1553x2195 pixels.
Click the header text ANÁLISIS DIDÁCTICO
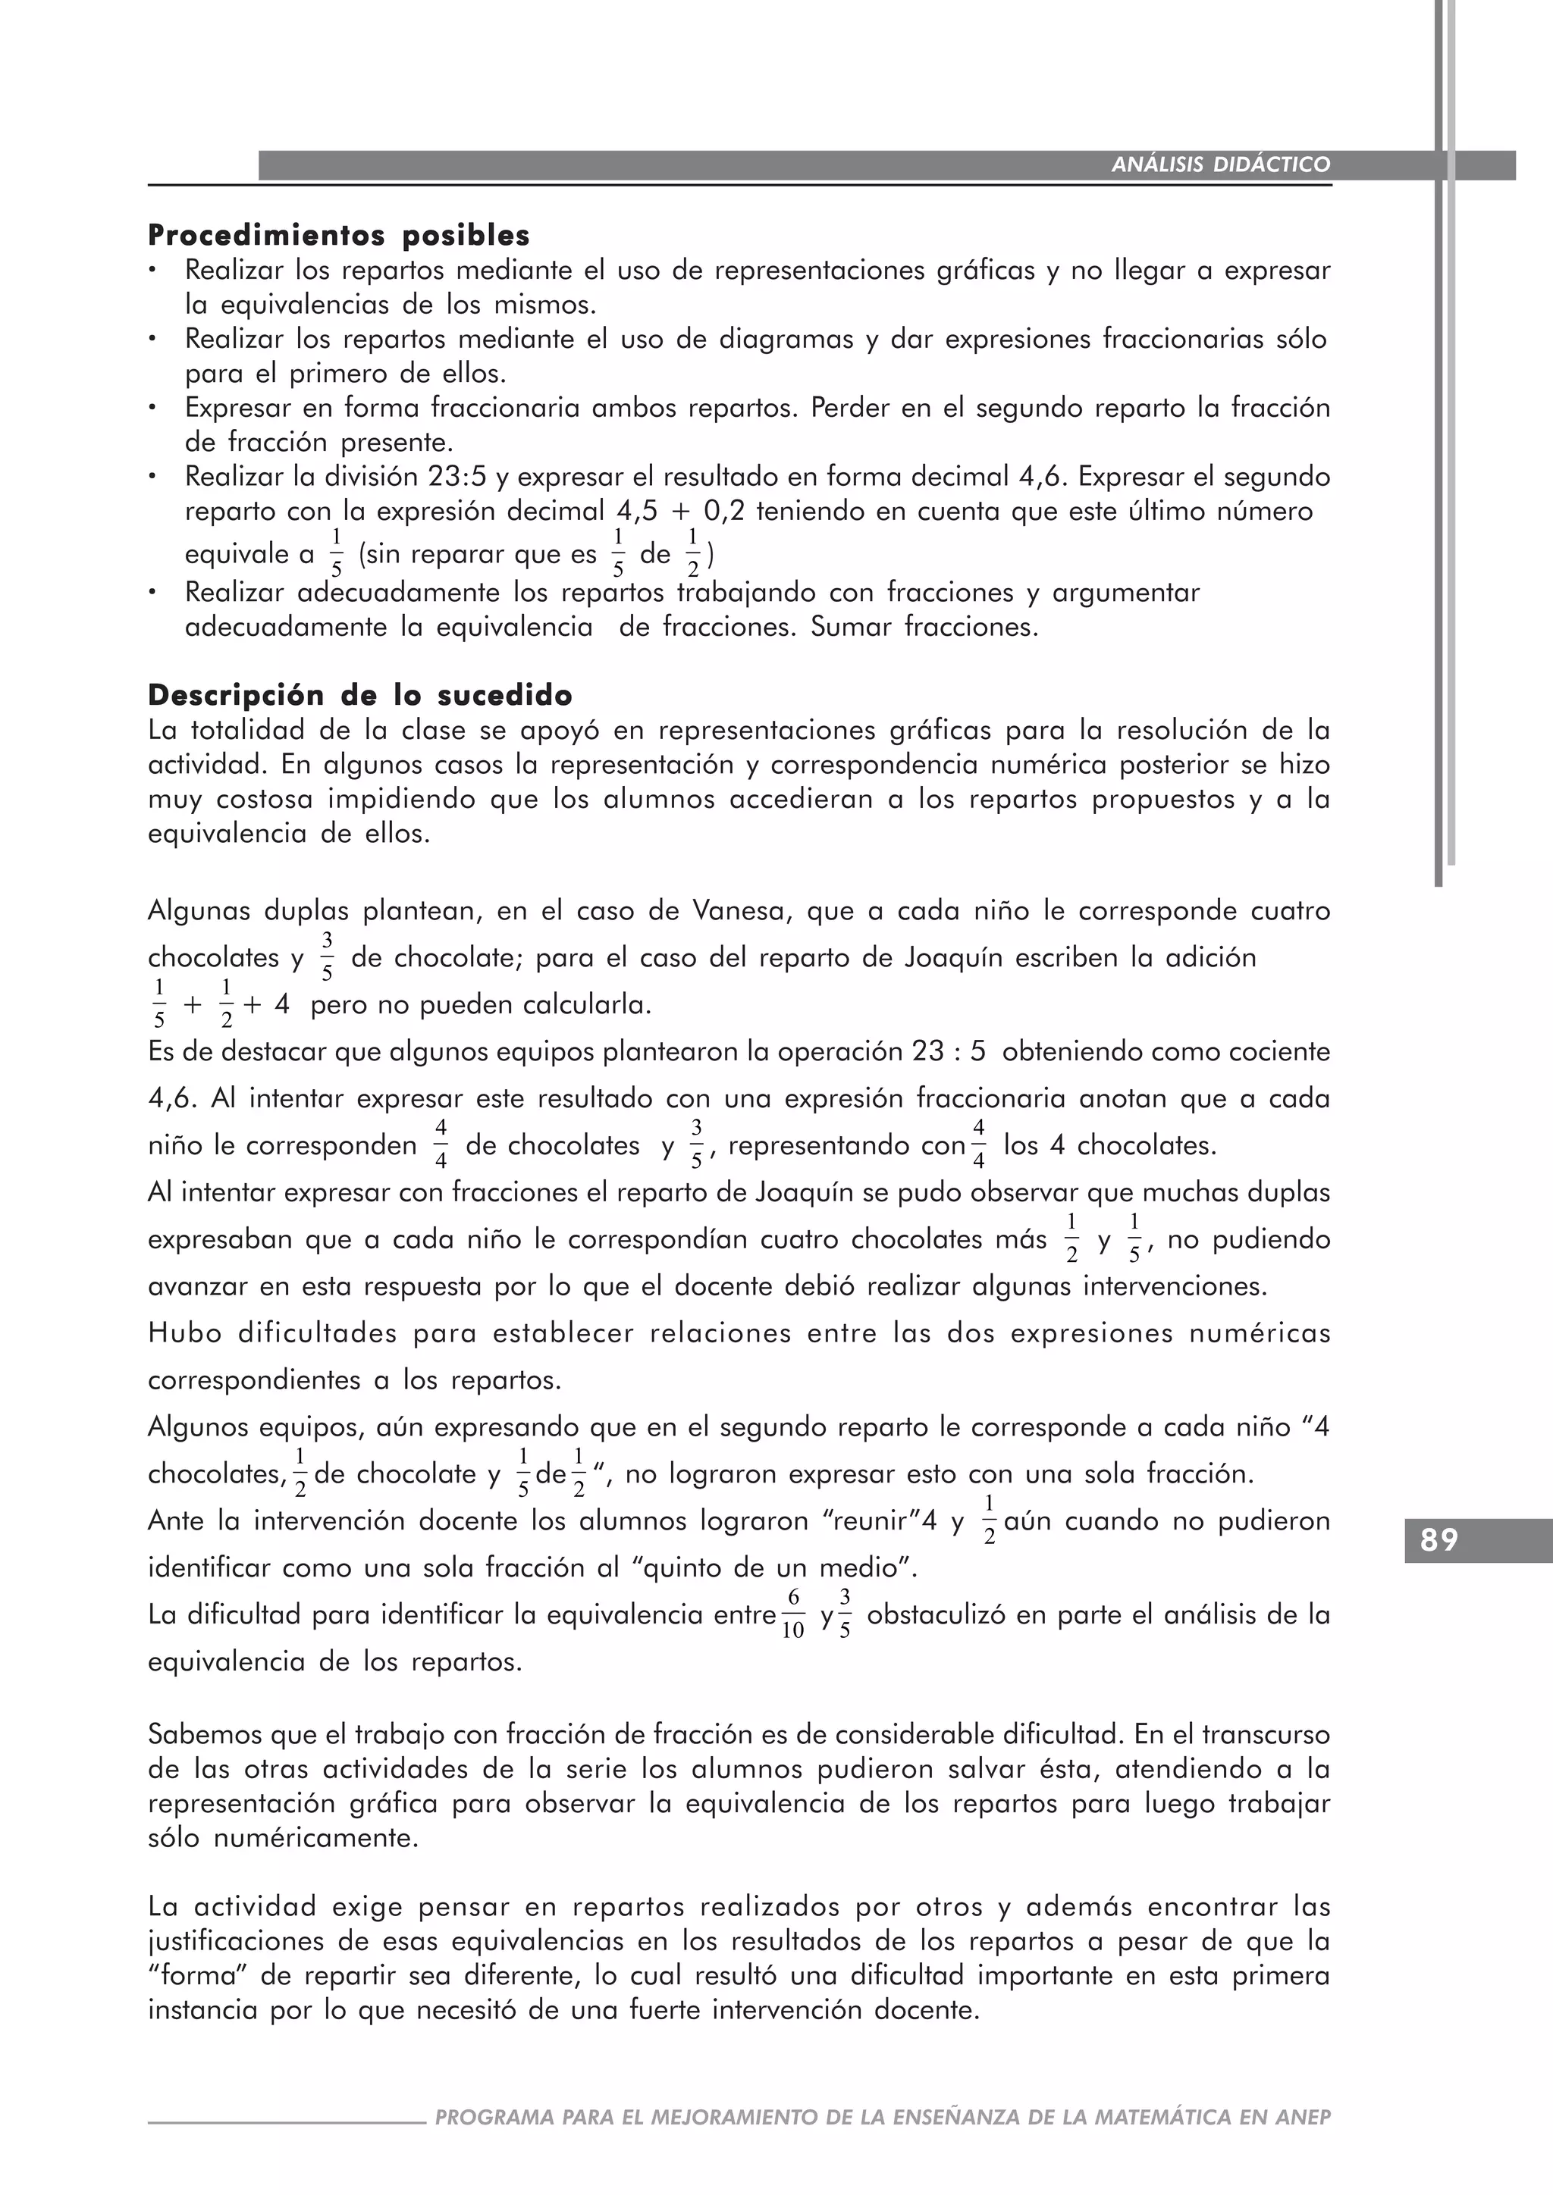coord(1220,164)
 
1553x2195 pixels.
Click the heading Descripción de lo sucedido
coord(359,695)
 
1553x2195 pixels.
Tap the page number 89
coord(1439,1540)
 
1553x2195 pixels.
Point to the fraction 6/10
coord(792,1614)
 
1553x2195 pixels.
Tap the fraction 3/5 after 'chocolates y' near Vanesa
coord(327,957)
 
